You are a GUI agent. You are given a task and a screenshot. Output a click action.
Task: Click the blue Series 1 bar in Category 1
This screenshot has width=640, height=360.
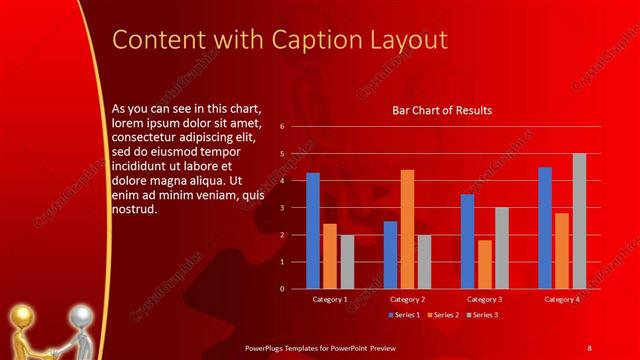click(x=313, y=230)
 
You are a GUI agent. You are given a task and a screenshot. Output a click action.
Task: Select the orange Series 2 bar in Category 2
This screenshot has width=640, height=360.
click(x=407, y=229)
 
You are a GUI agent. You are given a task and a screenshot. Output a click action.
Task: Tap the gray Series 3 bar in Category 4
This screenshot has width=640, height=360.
click(x=579, y=221)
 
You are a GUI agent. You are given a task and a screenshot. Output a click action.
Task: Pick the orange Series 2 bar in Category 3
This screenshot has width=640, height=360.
click(x=485, y=264)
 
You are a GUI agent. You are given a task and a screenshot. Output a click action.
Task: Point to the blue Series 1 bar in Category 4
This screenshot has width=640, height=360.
click(x=545, y=228)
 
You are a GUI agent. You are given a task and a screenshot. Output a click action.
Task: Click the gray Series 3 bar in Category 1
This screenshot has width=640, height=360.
click(x=347, y=262)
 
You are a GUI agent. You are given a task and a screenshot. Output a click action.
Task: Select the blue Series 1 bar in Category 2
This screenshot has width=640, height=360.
click(x=390, y=255)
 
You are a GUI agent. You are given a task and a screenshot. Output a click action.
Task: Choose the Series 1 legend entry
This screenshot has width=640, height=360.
click(x=403, y=315)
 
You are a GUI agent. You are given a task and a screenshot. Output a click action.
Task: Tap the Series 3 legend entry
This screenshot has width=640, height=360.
click(x=481, y=315)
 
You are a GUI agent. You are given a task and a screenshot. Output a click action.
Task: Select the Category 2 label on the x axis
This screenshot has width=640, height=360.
click(x=407, y=299)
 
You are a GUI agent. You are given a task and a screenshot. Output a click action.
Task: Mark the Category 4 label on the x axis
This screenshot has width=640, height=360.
click(x=562, y=299)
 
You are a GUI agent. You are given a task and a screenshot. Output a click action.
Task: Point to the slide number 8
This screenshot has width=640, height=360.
click(x=590, y=347)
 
